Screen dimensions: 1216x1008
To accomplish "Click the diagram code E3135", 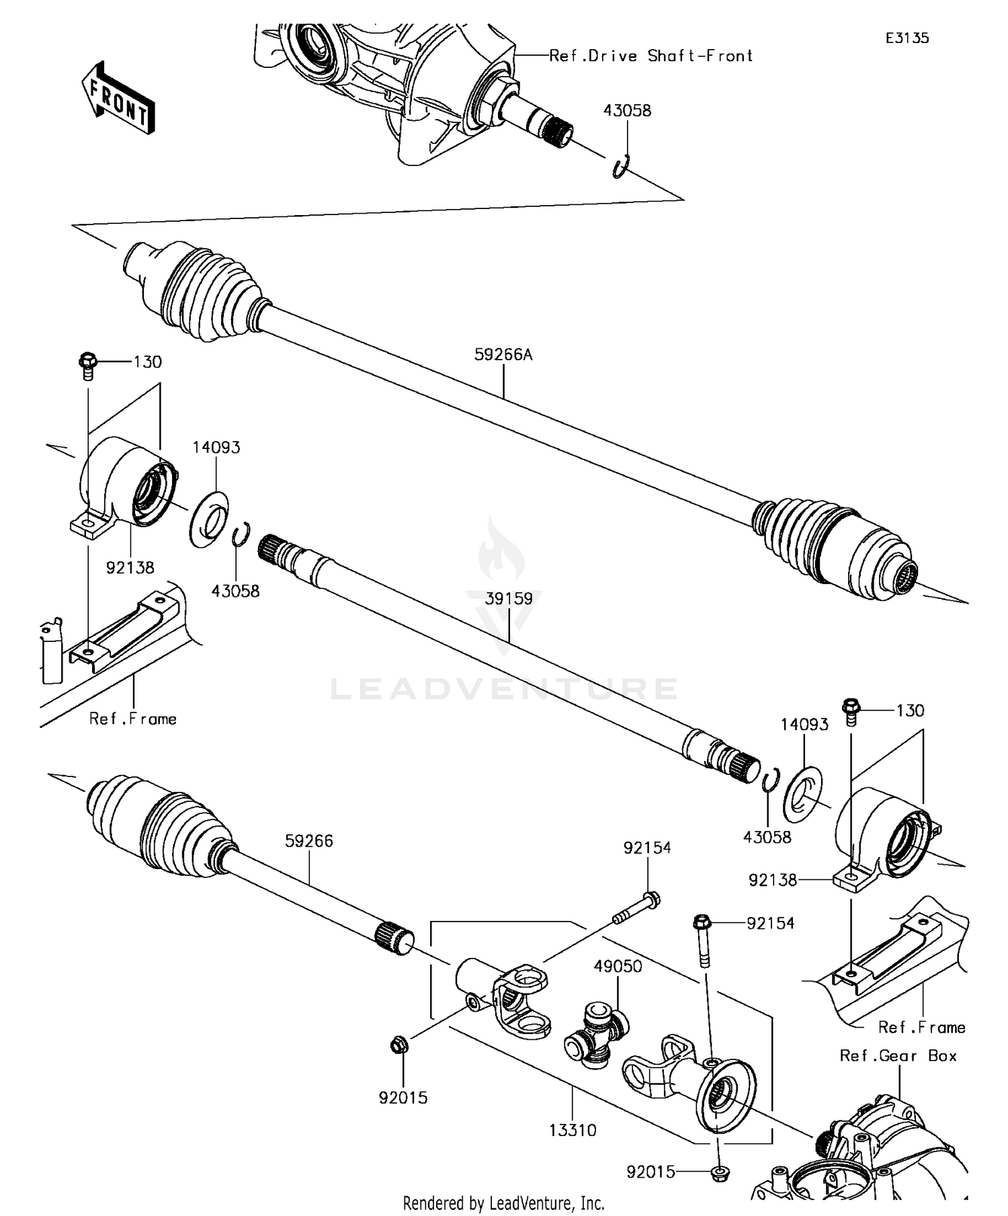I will pyautogui.click(x=907, y=38).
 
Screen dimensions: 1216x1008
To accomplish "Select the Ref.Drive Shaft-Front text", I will pyautogui.click(x=650, y=56).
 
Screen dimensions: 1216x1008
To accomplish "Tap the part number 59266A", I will pyautogui.click(x=503, y=354).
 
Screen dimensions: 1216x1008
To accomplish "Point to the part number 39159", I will pyautogui.click(x=509, y=598).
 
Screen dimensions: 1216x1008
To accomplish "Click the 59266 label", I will pyautogui.click(x=308, y=841).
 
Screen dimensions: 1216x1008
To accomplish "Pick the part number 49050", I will pyautogui.click(x=618, y=966).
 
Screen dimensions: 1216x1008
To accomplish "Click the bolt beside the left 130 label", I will pyautogui.click(x=87, y=366).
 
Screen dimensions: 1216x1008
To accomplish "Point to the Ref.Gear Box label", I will pyautogui.click(x=898, y=1055).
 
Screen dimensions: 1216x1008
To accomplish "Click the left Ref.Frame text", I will pyautogui.click(x=132, y=719).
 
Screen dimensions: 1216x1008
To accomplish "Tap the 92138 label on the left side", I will pyautogui.click(x=130, y=567).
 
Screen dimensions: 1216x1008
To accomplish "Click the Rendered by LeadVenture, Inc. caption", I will pyautogui.click(x=503, y=1203).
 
